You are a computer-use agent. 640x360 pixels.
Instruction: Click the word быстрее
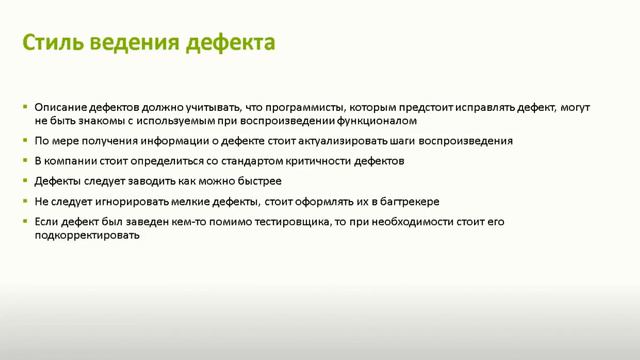pos(257,181)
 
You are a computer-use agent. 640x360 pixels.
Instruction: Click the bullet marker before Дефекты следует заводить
pos(25,181)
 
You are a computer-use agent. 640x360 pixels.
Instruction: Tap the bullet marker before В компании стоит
pos(25,161)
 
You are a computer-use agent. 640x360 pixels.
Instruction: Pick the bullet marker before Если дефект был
pos(25,220)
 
